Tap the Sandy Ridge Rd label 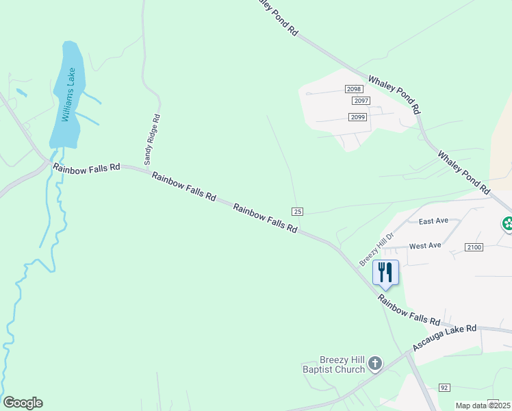[152, 139]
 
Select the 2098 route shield [353, 90]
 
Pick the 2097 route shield [361, 101]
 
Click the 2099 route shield [358, 117]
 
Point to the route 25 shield [297, 212]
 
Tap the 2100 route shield [474, 247]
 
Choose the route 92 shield [444, 388]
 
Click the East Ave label [433, 221]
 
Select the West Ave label [425, 245]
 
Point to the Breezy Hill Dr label [377, 249]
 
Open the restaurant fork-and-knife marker [385, 272]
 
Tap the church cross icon [375, 363]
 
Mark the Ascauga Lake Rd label [445, 338]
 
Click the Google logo [23, 403]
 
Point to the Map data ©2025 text [482, 406]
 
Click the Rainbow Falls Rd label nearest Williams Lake [87, 167]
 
